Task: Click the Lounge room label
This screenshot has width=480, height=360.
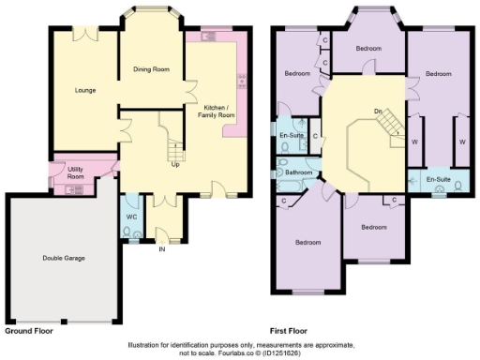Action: click(x=86, y=91)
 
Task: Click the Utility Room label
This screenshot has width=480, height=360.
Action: click(x=76, y=172)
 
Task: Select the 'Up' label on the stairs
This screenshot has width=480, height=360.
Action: click(x=174, y=165)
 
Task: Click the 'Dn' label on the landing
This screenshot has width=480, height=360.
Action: click(x=378, y=112)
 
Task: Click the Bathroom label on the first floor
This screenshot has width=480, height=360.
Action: click(x=299, y=172)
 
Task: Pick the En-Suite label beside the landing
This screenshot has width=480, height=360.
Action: click(x=291, y=136)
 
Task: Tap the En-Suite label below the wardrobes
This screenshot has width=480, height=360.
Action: click(x=437, y=178)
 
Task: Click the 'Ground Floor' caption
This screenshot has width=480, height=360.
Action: click(x=29, y=331)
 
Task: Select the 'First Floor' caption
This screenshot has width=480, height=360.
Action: click(x=291, y=331)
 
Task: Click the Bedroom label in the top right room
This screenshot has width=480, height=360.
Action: click(x=438, y=73)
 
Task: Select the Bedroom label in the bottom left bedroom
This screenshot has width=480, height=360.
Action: click(x=307, y=242)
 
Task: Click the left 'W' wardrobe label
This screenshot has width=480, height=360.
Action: click(x=414, y=142)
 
